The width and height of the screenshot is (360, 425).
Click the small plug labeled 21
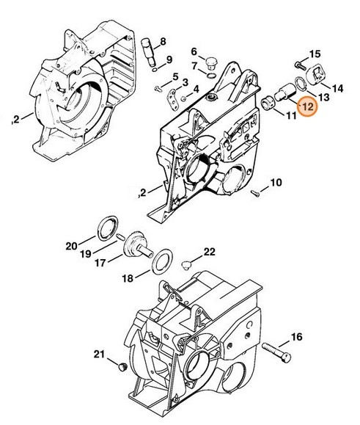pos(122,365)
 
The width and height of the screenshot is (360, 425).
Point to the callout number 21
pos(100,355)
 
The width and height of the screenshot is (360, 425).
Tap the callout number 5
pos(175,78)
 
